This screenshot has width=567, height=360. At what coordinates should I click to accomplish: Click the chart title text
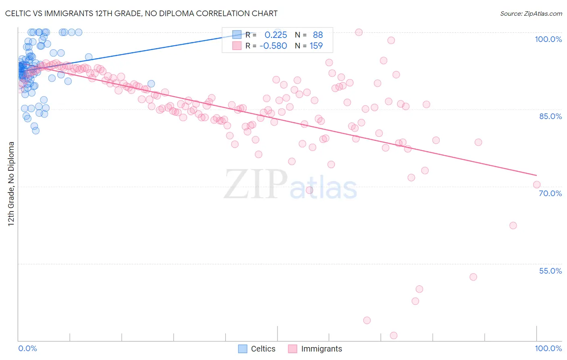tap(141, 13)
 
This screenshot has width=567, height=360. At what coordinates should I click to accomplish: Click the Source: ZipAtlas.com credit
tap(531, 14)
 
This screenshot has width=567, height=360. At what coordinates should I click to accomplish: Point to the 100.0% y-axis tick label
tap(548, 39)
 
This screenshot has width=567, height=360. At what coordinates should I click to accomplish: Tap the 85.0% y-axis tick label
tap(550, 116)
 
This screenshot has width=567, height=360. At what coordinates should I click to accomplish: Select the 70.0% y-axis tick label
tap(550, 193)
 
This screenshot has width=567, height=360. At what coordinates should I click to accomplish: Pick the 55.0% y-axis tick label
tap(550, 271)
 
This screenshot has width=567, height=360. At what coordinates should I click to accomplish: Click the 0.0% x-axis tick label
tap(27, 348)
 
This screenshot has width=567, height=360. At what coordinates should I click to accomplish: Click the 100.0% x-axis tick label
tap(548, 348)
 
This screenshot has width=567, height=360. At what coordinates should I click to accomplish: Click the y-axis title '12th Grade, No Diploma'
tap(11, 184)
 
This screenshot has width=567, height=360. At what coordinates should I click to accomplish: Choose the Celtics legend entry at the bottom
tap(257, 349)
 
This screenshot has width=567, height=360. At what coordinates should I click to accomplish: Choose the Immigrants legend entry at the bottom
tap(315, 349)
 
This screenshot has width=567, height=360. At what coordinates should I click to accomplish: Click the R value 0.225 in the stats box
tap(276, 35)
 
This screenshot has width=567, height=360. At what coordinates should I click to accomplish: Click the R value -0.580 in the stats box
tap(273, 46)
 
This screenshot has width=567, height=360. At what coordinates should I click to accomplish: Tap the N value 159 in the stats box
tap(316, 46)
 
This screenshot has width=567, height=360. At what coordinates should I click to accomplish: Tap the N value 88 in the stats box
tap(318, 35)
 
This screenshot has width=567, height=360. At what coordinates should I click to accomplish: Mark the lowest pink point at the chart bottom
tap(394, 335)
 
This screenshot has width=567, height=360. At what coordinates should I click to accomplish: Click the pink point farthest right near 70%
tap(536, 184)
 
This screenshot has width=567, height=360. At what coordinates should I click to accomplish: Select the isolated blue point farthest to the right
tap(151, 84)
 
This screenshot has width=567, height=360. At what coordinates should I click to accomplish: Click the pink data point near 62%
tap(513, 225)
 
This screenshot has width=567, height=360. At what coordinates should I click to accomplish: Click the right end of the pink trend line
tap(536, 175)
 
